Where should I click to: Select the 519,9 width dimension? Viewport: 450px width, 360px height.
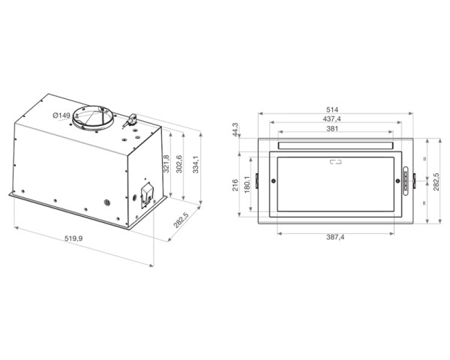pyautogui.click(x=73, y=238)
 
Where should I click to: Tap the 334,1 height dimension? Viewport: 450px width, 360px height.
pyautogui.click(x=196, y=163)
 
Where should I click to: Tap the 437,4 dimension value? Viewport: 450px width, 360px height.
pyautogui.click(x=334, y=118)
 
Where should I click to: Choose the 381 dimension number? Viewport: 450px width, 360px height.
pyautogui.click(x=334, y=127)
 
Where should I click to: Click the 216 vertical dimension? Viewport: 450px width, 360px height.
pyautogui.click(x=235, y=184)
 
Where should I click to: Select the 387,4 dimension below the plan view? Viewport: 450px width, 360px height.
pyautogui.click(x=334, y=238)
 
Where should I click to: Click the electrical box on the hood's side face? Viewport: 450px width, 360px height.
pyautogui.click(x=146, y=192)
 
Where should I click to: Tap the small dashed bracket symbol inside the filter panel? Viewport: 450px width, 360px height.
pyautogui.click(x=334, y=160)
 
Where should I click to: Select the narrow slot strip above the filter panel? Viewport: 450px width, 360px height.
pyautogui.click(x=334, y=145)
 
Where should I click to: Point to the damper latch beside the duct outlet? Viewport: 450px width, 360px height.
pyautogui.click(x=132, y=118)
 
